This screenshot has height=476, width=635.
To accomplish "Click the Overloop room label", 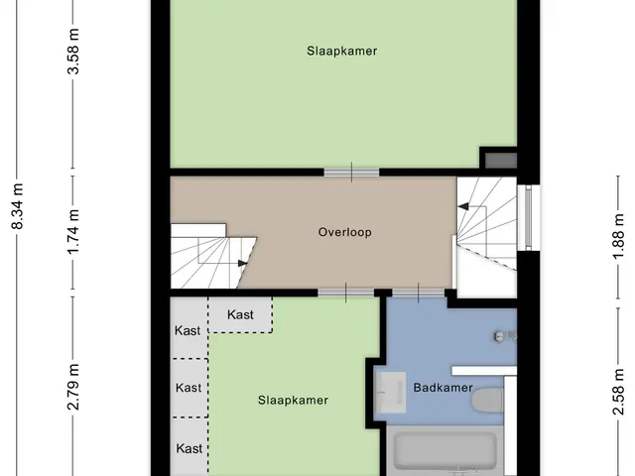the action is [344, 232].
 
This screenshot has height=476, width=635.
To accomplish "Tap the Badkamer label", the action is [444, 388].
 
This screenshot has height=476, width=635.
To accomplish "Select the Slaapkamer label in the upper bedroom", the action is [341, 51].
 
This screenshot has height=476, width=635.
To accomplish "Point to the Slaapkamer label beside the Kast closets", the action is [293, 401].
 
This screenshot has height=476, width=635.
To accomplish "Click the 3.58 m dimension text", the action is [73, 52].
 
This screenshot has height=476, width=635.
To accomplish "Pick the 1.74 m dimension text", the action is [73, 232].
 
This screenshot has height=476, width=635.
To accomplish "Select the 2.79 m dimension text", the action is [73, 387].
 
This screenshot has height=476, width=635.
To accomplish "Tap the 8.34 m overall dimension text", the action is [18, 206].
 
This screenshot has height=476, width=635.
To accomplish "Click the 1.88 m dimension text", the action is [618, 237].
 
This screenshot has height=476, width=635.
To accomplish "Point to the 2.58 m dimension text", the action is [618, 392].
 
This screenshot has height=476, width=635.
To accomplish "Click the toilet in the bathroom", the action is [488, 401].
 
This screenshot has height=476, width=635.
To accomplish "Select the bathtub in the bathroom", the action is [445, 452].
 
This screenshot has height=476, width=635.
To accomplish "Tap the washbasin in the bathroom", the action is [390, 392].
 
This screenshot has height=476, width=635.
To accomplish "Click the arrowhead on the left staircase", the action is [242, 264].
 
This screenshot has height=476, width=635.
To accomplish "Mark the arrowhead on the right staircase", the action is [463, 207].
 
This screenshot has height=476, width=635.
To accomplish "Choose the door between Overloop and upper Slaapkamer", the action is [351, 173].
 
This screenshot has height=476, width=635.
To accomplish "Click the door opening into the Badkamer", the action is [419, 293].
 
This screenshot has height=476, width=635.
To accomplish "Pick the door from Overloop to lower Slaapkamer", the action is [346, 293].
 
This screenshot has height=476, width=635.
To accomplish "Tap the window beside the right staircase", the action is [528, 218].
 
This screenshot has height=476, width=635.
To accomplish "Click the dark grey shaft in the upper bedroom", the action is [501, 161].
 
